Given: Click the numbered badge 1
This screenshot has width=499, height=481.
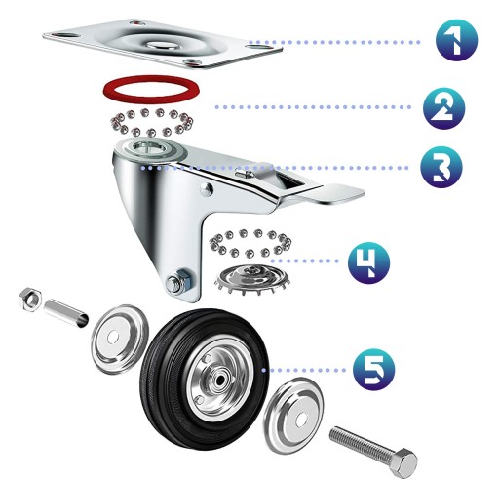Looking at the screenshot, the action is pyautogui.click(x=456, y=40).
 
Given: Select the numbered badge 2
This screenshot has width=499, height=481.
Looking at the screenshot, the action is pyautogui.click(x=443, y=108).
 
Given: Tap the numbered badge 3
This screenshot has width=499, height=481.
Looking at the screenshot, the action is pyautogui.click(x=441, y=167).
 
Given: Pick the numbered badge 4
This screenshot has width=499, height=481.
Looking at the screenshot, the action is pyautogui.click(x=368, y=262).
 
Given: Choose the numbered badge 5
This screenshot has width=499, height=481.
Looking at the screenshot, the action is pyautogui.click(x=374, y=369).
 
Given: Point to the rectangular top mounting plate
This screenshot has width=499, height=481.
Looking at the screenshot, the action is pyautogui.click(x=163, y=44).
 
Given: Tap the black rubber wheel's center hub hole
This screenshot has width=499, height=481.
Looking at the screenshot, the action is pyautogui.click(x=221, y=380).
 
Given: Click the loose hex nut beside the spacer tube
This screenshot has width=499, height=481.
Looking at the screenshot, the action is pyautogui.click(x=30, y=300).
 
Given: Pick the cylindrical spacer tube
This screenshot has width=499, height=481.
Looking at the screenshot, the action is pyautogui.click(x=65, y=313).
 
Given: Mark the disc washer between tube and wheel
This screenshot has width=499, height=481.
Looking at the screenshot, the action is pyautogui.click(x=119, y=339).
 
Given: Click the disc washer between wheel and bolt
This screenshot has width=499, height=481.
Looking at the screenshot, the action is pyautogui.click(x=293, y=414).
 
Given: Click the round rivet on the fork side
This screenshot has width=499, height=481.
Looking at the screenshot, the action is pyautogui.click(x=207, y=189).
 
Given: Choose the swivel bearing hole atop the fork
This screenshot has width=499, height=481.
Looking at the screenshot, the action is pyautogui.click(x=148, y=149).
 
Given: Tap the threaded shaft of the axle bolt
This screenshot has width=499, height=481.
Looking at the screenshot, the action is pyautogui.click(x=363, y=441).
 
